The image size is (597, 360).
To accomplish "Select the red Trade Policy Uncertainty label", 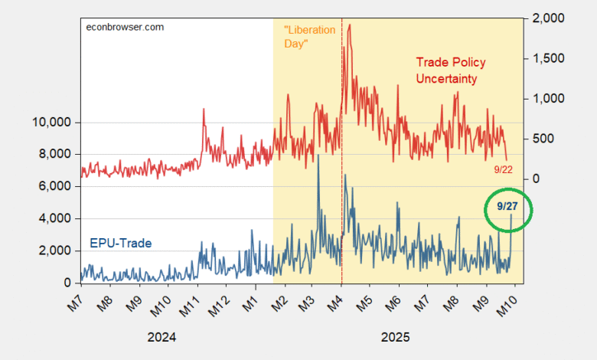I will coord(451,70).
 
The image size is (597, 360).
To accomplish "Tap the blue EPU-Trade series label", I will coord(121,244).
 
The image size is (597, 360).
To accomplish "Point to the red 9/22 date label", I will coord(502,169).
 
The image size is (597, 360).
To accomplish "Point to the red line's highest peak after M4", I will coord(350,25).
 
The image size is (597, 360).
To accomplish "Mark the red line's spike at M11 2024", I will coord(204,110).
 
